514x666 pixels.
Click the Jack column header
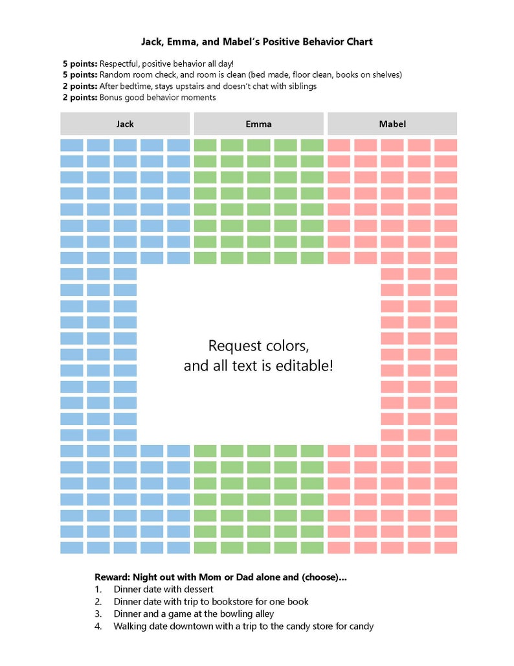click(125, 124)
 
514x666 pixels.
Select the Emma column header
click(258, 124)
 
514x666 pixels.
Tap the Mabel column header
click(392, 124)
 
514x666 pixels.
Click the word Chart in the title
click(358, 42)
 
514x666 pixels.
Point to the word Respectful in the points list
click(120, 63)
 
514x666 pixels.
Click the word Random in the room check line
click(117, 75)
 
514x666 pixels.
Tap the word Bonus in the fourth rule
click(111, 97)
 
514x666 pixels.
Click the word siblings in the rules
click(300, 86)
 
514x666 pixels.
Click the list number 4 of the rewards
click(98, 626)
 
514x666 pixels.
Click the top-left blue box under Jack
click(72, 145)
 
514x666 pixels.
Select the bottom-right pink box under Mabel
click(445, 547)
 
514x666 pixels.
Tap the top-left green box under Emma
click(205, 145)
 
